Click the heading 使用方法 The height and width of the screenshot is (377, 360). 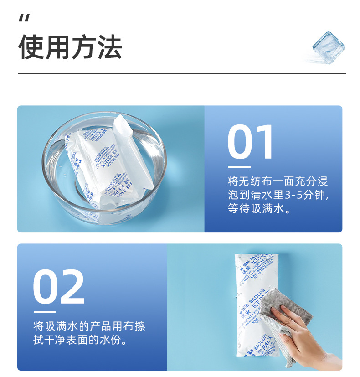(70, 47)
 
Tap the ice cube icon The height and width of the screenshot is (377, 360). (327, 46)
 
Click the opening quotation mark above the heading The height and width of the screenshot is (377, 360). (25, 19)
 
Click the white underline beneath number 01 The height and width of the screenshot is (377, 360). (239, 167)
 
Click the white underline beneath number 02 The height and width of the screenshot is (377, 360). (44, 312)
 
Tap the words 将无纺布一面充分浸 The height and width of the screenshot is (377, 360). (278, 181)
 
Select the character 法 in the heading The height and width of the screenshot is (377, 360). (109, 47)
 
